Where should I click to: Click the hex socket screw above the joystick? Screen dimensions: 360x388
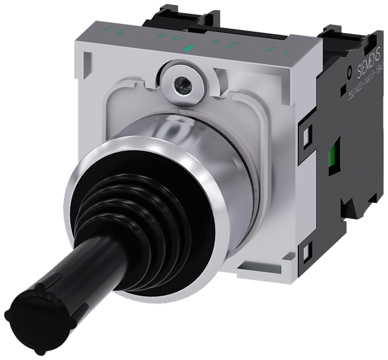click(x=181, y=84)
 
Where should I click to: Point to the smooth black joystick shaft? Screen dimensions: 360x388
click(x=72, y=282)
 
